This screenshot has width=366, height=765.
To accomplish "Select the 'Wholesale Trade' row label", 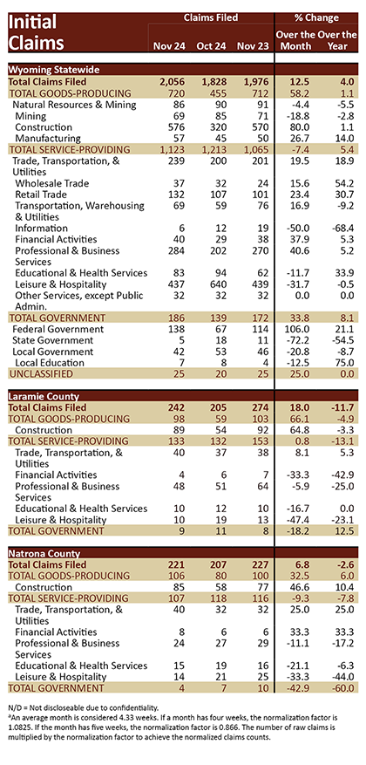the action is pos(52,183).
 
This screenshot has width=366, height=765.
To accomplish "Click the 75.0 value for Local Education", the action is pos(347,363).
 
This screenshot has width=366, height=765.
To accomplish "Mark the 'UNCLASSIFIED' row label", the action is pos(41,374).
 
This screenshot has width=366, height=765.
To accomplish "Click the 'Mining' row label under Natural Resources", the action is pos(30,116).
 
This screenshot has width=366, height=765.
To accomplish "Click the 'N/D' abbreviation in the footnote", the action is pos(15,707).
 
